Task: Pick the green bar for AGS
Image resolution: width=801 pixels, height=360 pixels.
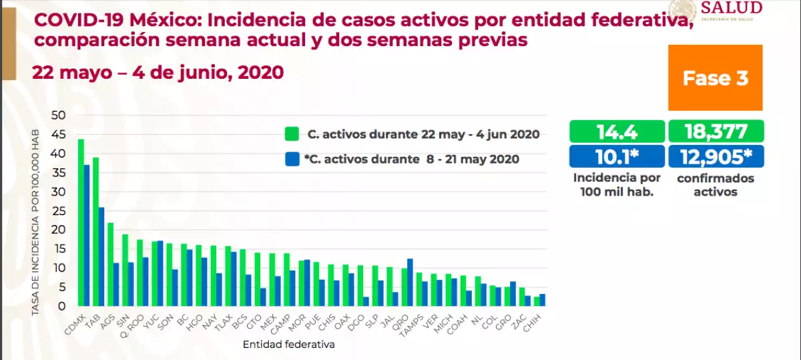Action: (110, 264)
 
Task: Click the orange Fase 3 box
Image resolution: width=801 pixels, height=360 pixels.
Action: (715, 78)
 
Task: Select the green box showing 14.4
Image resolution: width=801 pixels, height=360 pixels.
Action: (617, 131)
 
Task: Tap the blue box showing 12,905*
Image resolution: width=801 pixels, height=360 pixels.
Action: (716, 156)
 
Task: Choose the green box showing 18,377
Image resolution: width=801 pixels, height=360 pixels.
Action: (716, 131)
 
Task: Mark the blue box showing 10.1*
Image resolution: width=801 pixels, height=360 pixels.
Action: (617, 156)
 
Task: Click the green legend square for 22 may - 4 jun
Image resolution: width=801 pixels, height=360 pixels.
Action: (290, 133)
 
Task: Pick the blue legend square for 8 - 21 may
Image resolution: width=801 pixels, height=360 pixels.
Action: (290, 159)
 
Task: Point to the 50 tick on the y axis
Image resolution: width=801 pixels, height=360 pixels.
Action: (59, 116)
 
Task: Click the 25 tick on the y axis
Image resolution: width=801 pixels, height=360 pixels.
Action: (59, 211)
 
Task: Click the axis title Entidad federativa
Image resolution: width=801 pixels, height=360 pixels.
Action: (288, 345)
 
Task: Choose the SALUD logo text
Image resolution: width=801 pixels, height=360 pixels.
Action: (730, 8)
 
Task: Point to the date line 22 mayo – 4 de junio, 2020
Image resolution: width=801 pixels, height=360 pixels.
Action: (158, 73)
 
